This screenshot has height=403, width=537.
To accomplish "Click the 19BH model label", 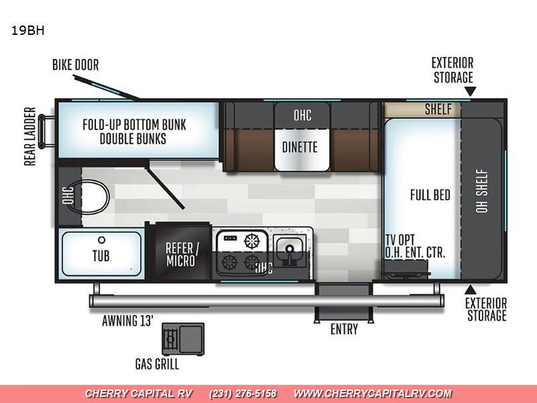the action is click(28, 30).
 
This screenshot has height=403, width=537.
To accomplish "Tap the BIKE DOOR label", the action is click(75, 64).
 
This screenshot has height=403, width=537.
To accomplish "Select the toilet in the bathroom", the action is click(94, 197).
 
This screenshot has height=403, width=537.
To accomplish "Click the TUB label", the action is click(101, 256).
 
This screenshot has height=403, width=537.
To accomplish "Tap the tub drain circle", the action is click(101, 240).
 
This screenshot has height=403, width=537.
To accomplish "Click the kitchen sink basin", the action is click(291, 248).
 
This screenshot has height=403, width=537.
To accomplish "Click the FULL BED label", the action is click(430, 195).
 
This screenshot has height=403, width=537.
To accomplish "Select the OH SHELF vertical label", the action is click(482, 191).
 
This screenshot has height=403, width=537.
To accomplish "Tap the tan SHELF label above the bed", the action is click(438, 109).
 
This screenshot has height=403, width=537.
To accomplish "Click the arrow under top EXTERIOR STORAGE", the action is click(471, 91).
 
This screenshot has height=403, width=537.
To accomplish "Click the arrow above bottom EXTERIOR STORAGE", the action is click(471, 290).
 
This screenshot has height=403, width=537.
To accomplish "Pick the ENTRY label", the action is click(344, 329).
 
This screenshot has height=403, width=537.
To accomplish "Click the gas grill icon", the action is click(183, 339).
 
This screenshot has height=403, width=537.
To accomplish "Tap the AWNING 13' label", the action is click(128, 321).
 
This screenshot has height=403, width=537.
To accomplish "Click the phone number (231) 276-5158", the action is click(242, 394).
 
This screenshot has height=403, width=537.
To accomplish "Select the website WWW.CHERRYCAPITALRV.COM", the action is click(373, 394).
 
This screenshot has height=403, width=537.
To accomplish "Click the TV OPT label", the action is click(400, 240).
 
